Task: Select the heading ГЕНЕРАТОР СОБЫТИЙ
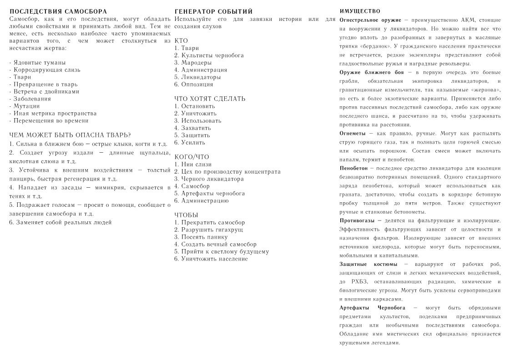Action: click(x=214, y=11)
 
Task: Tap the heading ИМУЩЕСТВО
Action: click(x=360, y=11)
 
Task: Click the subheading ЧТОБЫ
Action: click(x=186, y=215)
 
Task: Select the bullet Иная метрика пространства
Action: click(x=53, y=113)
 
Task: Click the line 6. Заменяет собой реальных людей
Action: click(x=61, y=222)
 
